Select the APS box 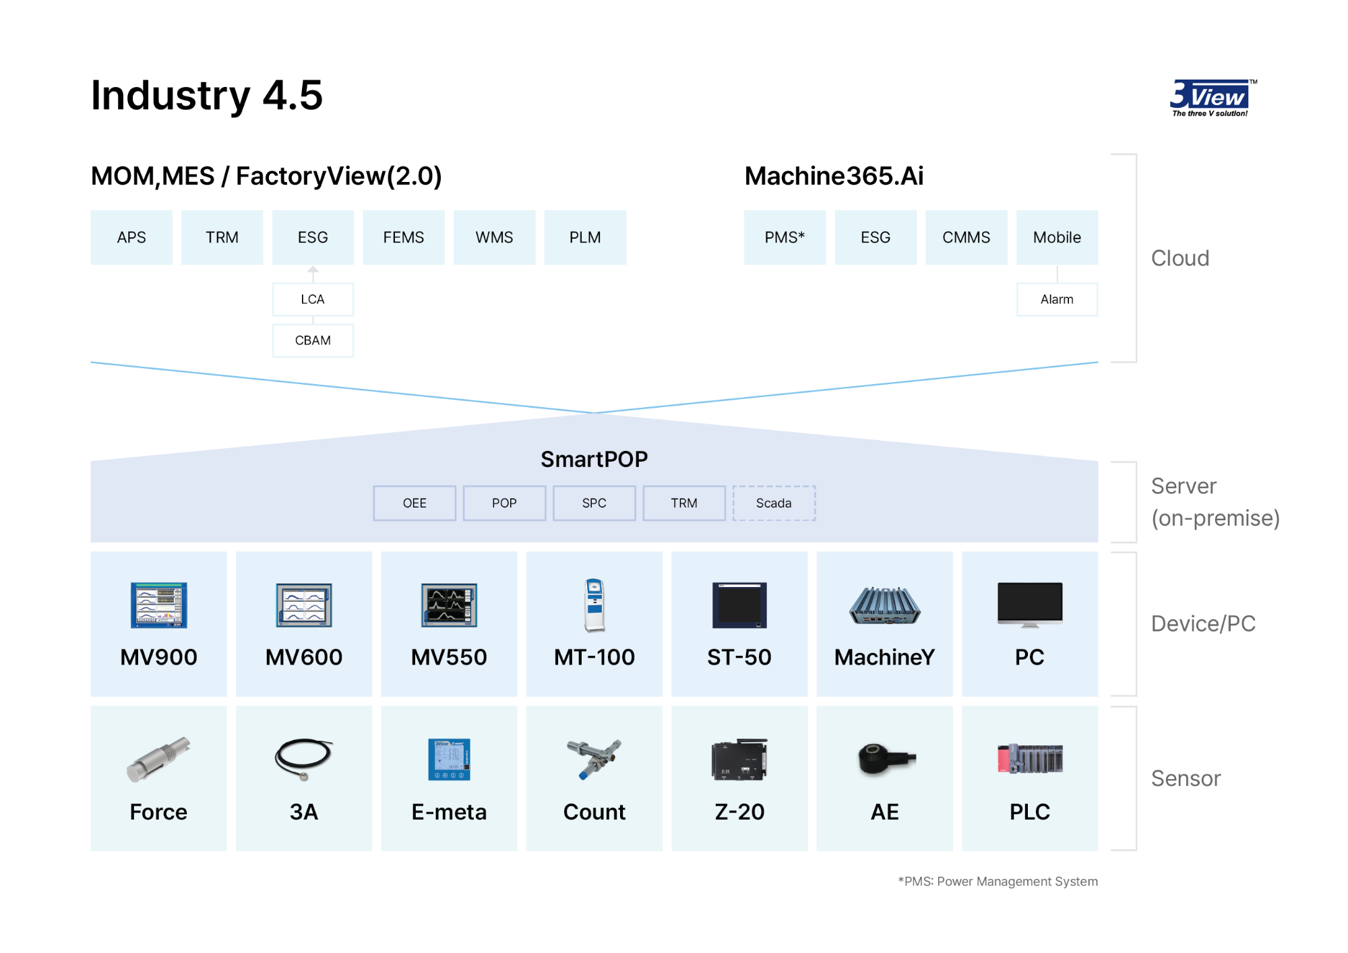coord(131,237)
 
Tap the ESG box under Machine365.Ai coord(876,237)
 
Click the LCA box coord(313,299)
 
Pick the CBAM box coord(313,340)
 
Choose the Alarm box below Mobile coord(1057,299)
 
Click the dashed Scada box coord(774,503)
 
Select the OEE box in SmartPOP coord(415,503)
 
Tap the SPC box coord(594,503)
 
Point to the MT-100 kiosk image coord(594,605)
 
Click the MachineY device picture coord(884,605)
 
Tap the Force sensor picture coord(159,759)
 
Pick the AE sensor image coord(886,760)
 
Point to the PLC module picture coord(1030,759)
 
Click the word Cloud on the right coord(1180,258)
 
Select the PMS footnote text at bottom coord(998,882)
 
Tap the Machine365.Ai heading coord(834,176)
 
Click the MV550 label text coord(449,657)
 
